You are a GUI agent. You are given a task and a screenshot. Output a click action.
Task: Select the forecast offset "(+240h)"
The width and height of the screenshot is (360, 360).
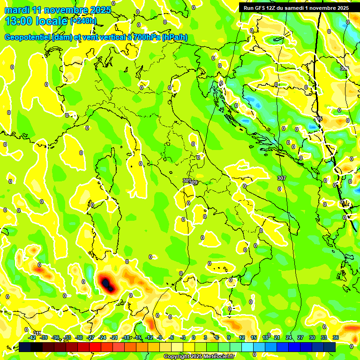[83, 21]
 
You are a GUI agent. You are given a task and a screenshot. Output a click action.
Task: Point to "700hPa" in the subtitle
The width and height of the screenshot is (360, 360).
[146, 37]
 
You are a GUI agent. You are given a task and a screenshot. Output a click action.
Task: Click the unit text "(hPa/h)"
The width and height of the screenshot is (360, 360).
[174, 37]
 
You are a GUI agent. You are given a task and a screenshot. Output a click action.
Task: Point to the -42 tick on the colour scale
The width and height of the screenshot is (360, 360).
[32, 337]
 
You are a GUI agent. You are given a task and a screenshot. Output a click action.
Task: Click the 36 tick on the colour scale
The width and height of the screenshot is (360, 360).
[336, 337]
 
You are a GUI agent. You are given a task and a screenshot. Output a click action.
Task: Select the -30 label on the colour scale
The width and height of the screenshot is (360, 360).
[79, 337]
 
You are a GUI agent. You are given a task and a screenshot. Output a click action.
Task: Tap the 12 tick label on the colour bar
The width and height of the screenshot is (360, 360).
[242, 337]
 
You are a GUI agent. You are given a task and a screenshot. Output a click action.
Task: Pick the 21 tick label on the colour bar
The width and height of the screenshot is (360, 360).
[277, 337]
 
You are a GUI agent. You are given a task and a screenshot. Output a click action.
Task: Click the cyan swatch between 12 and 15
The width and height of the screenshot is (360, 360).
[247, 346]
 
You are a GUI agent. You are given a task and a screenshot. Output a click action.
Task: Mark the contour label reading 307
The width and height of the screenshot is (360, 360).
[281, 178]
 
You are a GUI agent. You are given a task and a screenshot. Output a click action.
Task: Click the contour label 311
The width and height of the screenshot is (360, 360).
[37, 333]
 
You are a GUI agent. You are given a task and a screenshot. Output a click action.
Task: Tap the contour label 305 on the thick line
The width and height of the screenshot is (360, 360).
[318, 119]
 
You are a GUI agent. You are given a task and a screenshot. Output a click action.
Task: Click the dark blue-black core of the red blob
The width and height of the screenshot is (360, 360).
[107, 284]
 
